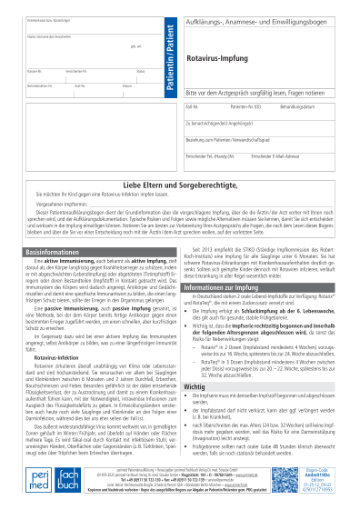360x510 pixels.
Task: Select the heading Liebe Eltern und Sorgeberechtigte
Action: click(x=180, y=185)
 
